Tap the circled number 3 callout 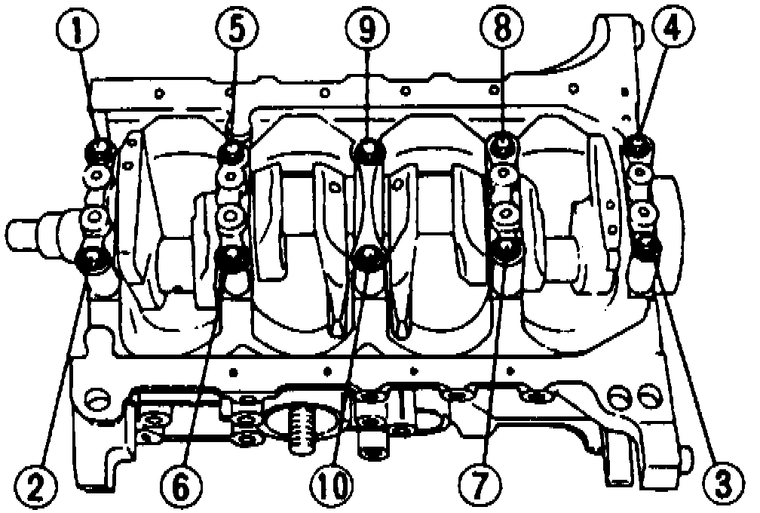pos(722,484)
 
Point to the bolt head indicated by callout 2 pos(94,262)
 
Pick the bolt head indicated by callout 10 pos(368,258)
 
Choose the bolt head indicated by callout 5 pos(233,153)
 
